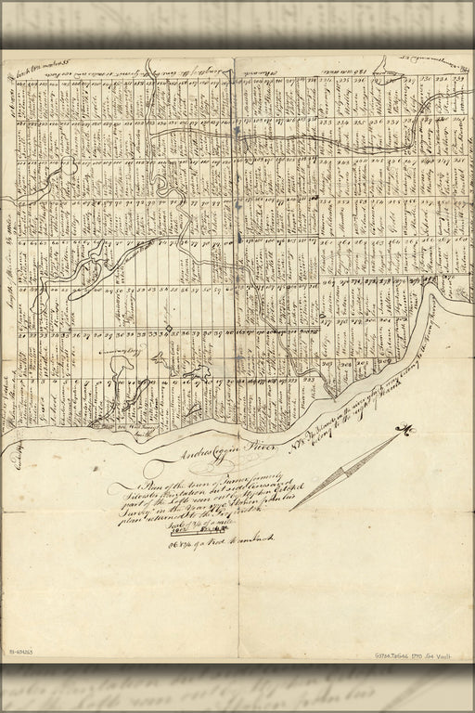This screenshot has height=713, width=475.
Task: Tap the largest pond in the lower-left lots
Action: (120, 371)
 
